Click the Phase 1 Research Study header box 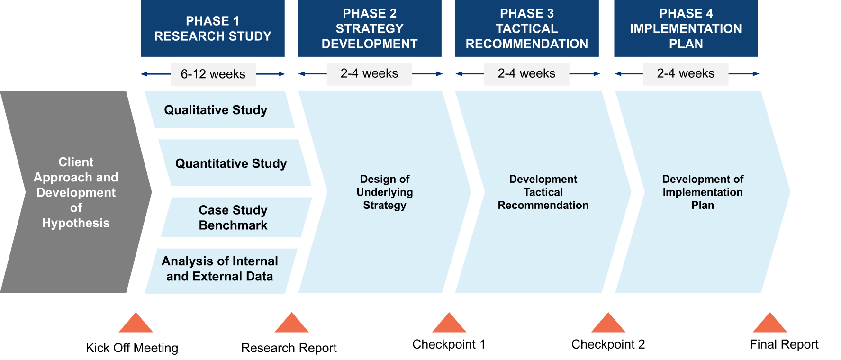coord(213,28)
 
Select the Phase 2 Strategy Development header coord(370,28)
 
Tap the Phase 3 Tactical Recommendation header coord(527,28)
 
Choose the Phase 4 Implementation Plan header coord(686,28)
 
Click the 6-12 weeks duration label coord(213,74)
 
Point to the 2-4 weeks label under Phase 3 coord(526,73)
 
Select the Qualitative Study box coord(220,110)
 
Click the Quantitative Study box coord(235,163)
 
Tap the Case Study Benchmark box coord(236,217)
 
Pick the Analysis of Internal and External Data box coord(221,271)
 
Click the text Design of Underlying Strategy coord(385,192)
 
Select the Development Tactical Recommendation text coord(543,192)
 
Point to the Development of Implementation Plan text coord(703,192)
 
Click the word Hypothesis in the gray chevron coord(76,223)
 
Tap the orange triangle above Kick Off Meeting coord(136,323)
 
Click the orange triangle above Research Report coord(292,323)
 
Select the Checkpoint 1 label coord(449,344)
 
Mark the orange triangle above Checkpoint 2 coord(608,323)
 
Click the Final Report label coord(784,344)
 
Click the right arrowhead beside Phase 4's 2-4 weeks coord(756,73)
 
